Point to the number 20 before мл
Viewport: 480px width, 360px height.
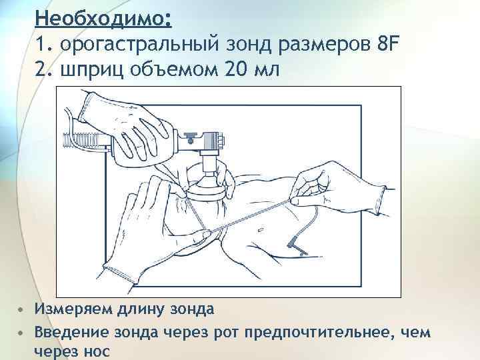(x=237, y=69)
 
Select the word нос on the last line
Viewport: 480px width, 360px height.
(x=95, y=351)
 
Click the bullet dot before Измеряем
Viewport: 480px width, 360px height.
(x=21, y=309)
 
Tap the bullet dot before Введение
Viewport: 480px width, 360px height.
(x=21, y=333)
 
